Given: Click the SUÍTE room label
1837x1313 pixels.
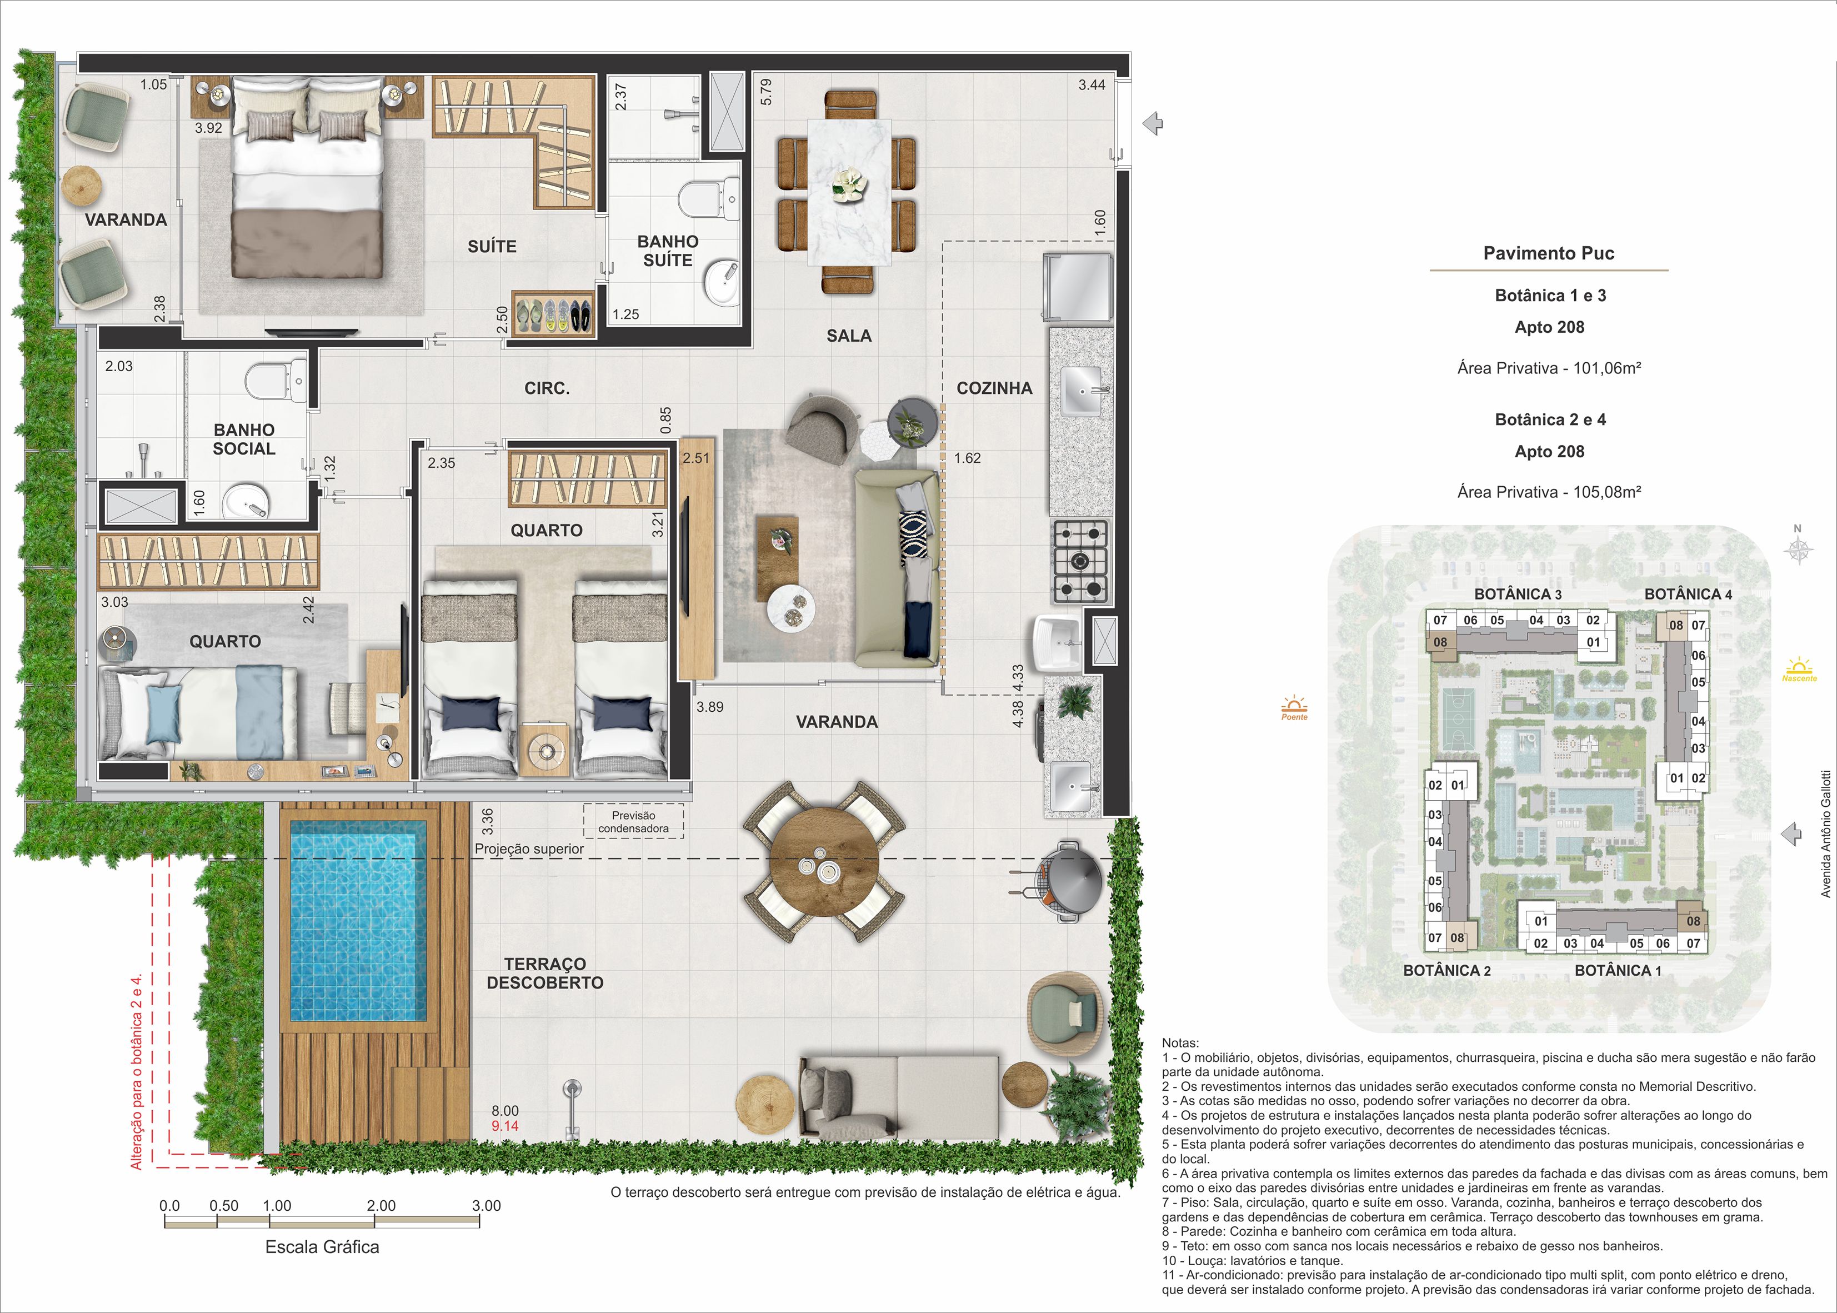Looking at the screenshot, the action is point(492,246).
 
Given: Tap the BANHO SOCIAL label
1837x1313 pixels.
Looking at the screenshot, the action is point(244,439).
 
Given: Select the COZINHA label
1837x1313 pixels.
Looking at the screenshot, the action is point(994,388).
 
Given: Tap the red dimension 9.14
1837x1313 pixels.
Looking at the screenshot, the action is point(505,1125).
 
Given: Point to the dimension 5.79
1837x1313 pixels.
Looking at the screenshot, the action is point(766,91).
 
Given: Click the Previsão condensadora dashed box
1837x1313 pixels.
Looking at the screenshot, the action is point(634,821).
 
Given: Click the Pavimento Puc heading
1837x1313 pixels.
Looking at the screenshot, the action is point(1549,253).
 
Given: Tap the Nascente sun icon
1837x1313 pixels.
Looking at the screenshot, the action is point(1799,670).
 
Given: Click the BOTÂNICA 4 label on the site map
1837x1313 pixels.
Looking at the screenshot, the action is point(1688,594).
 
